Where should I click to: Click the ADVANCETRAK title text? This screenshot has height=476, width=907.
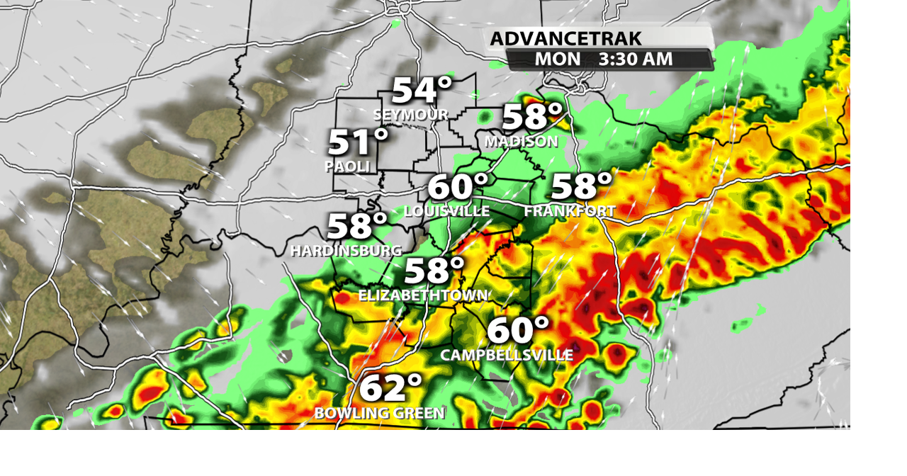coord(565,38)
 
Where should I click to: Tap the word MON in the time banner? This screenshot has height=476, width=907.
coord(557,59)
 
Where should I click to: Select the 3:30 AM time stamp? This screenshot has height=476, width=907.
coord(635,59)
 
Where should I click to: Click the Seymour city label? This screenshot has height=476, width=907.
coord(410,115)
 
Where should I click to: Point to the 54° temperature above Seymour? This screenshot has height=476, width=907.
coord(422,90)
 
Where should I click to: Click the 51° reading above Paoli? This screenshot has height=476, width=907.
coord(358,142)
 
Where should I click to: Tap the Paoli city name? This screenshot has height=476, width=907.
coord(347,166)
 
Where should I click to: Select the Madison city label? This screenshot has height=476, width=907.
coord(521,142)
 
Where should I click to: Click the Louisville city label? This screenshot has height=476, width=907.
coord(446,211)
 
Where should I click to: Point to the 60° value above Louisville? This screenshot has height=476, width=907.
coord(458,186)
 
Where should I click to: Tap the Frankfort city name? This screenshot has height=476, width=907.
coord(570,211)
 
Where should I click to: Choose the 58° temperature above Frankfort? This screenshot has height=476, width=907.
coord(581,186)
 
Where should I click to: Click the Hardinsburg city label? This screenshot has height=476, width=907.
coord(346,251)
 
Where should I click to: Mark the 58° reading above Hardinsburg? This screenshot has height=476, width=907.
coord(357,226)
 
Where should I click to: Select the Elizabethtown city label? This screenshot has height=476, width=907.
coord(423,295)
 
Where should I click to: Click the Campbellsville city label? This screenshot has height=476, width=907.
coord(507,355)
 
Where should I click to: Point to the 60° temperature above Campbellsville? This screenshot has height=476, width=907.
coord(518,330)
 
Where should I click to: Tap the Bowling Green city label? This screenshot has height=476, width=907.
coord(379,413)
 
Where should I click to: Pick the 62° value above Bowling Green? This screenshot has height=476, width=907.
coord(390,388)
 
